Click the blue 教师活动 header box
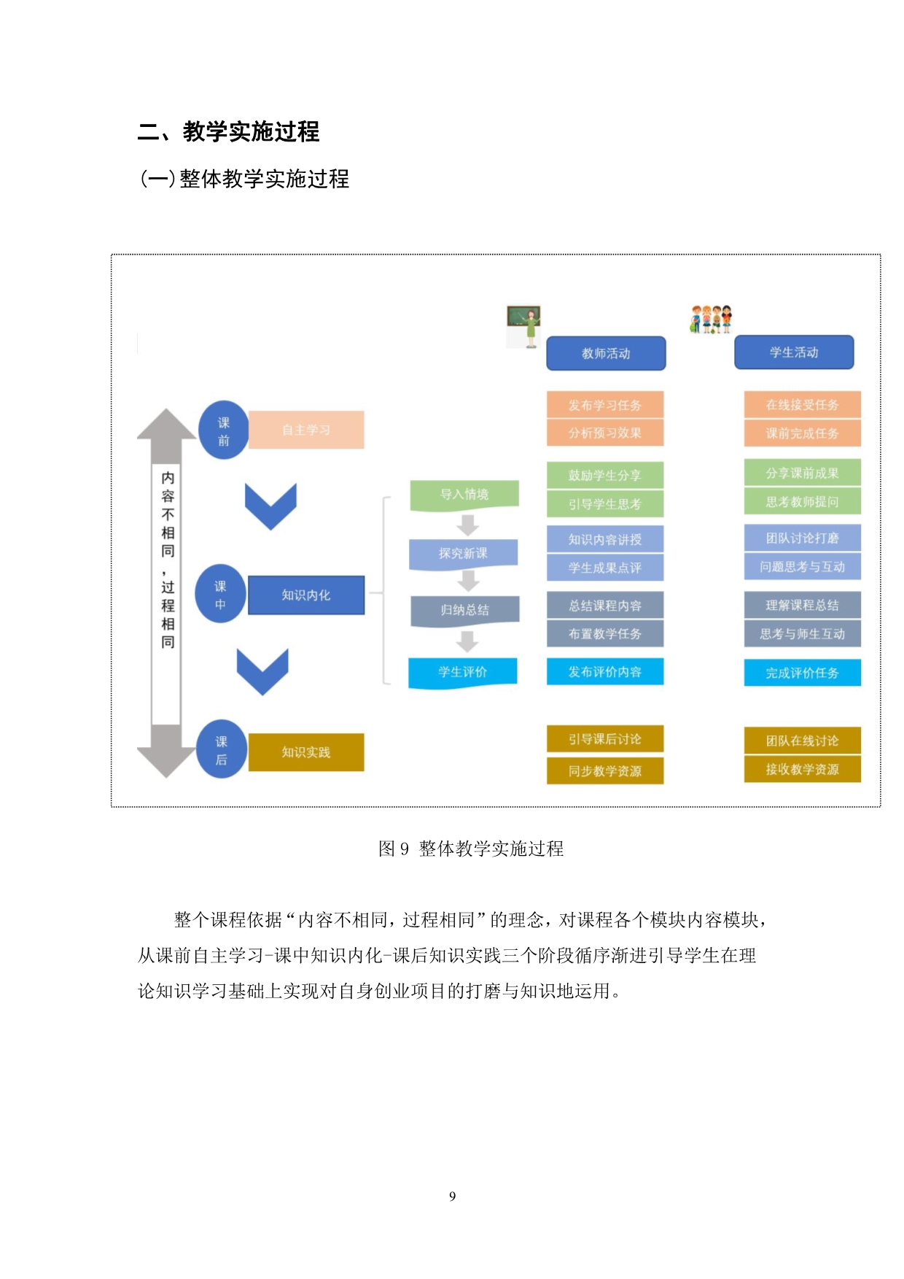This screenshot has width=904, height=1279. point(606,353)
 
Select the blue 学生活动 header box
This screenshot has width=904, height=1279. point(794,352)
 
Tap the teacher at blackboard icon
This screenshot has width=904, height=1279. point(523,325)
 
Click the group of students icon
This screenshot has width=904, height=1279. point(711,320)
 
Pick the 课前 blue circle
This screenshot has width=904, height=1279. point(223,430)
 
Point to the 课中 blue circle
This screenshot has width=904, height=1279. point(220,595)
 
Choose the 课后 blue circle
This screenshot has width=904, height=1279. point(221,750)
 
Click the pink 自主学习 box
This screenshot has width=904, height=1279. point(306,430)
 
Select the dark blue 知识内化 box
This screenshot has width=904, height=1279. point(306,595)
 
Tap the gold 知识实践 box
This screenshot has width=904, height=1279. point(306,752)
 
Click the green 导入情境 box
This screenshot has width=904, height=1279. point(464,495)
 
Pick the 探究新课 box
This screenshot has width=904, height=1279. point(464,554)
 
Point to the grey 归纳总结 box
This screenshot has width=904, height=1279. point(465,610)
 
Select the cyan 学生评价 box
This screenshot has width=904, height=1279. point(463,672)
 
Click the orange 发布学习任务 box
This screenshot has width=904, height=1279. point(605,405)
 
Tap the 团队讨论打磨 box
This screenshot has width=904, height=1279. point(802,538)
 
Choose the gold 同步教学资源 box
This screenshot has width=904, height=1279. point(605,770)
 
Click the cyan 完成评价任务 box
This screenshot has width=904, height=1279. point(802,673)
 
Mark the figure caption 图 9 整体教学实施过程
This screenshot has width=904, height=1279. point(471,849)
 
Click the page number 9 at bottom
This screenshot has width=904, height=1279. point(452,1196)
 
